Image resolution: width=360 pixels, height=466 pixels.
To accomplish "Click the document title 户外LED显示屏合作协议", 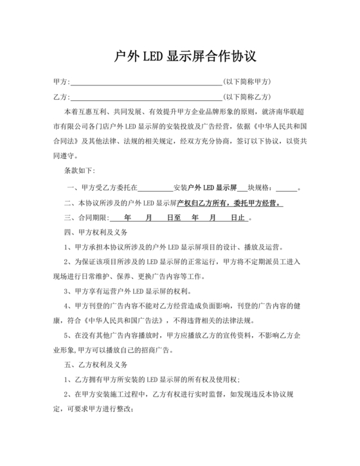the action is [180, 56].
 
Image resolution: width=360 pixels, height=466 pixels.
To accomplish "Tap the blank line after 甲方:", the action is [145, 82].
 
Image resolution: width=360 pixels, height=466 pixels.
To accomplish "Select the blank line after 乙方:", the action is [145, 97].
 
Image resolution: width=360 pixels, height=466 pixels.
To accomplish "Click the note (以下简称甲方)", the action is [247, 82].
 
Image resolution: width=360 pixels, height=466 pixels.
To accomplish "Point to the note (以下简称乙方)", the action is [247, 97].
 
